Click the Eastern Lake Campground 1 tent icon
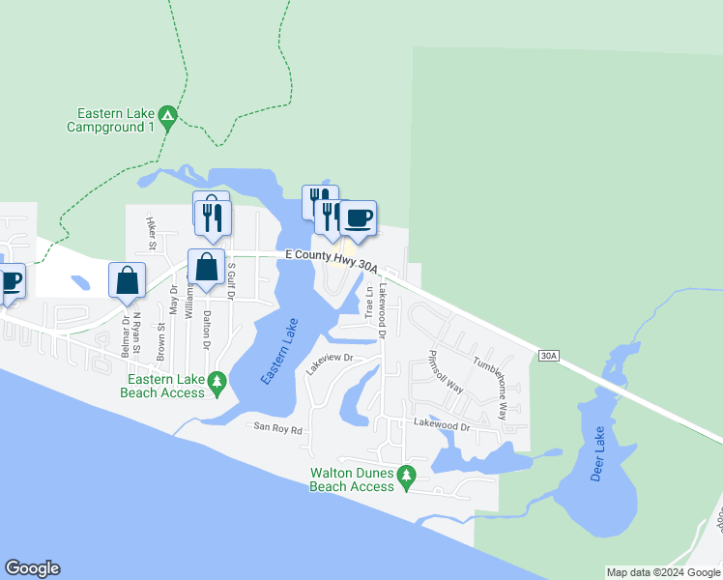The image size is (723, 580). [166, 116]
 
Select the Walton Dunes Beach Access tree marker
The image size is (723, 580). [407, 475]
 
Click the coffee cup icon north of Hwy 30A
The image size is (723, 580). [359, 217]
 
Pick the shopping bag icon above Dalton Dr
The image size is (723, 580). [207, 267]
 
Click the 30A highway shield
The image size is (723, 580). [548, 357]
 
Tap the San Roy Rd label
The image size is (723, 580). [278, 426]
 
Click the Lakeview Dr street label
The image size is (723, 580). [331, 363]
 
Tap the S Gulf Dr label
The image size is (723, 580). [231, 284]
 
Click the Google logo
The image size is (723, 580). [32, 568]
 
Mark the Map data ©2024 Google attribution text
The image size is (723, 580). [662, 572]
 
